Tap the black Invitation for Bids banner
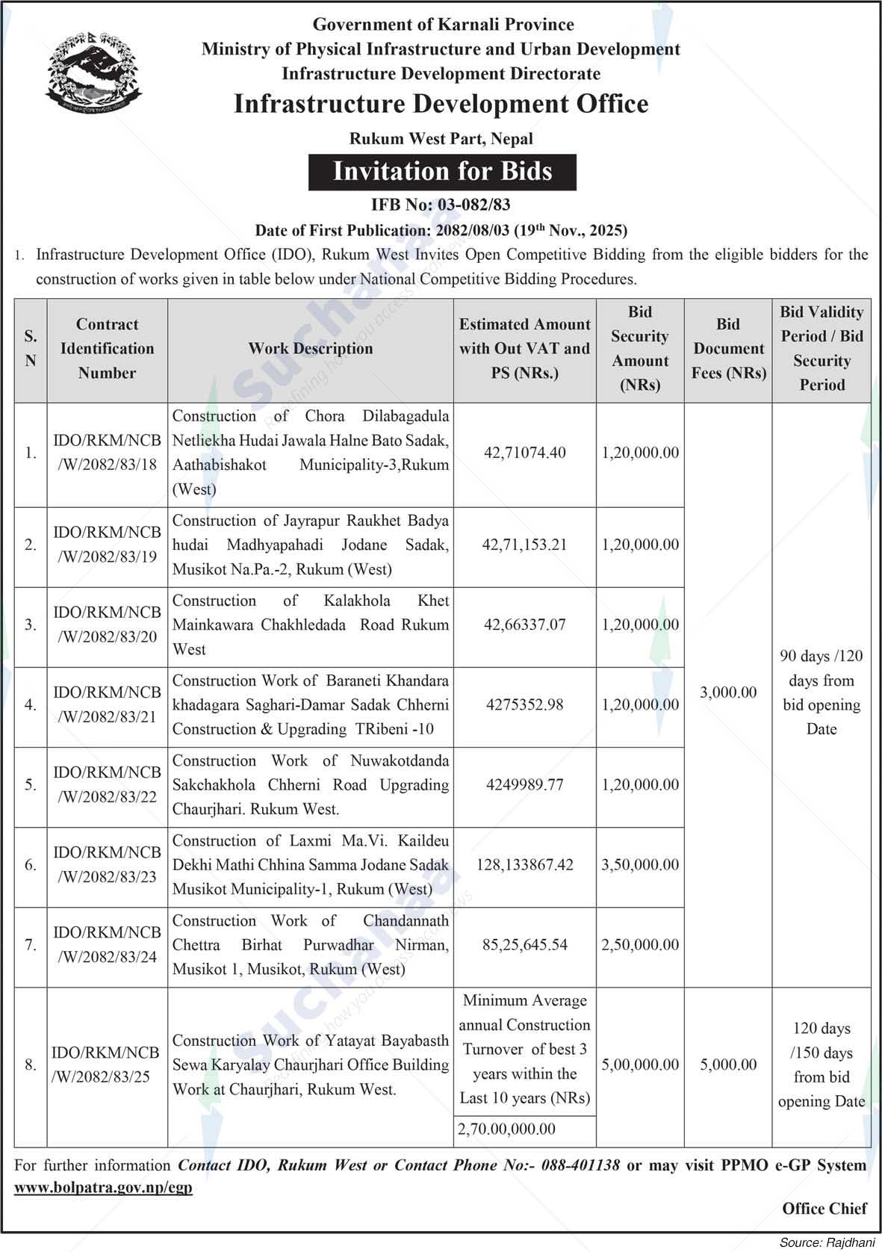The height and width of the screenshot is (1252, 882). point(442,172)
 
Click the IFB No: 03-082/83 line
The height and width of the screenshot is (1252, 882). point(441,205)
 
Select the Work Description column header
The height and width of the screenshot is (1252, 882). point(310,349)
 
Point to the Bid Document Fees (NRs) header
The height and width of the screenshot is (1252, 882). point(728,349)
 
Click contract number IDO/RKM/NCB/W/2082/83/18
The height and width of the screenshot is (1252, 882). point(107,453)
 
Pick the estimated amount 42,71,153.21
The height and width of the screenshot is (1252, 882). point(524,545)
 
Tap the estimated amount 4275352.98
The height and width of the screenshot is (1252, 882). point(524,705)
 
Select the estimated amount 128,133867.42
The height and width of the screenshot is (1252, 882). point(524,865)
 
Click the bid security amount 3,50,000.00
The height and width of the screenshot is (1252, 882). point(640,865)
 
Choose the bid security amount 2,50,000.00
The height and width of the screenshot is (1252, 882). point(640,945)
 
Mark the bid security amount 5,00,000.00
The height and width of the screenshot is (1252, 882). point(640,1064)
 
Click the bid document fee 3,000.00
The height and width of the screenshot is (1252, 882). point(728,692)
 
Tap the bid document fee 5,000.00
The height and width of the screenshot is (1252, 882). point(728,1064)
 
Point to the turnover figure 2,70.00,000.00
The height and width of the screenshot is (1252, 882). point(507,1129)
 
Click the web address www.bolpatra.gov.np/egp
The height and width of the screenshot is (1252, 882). point(103,1188)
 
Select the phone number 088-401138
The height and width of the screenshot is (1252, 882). point(574,1165)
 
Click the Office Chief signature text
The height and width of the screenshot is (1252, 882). point(824,1209)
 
